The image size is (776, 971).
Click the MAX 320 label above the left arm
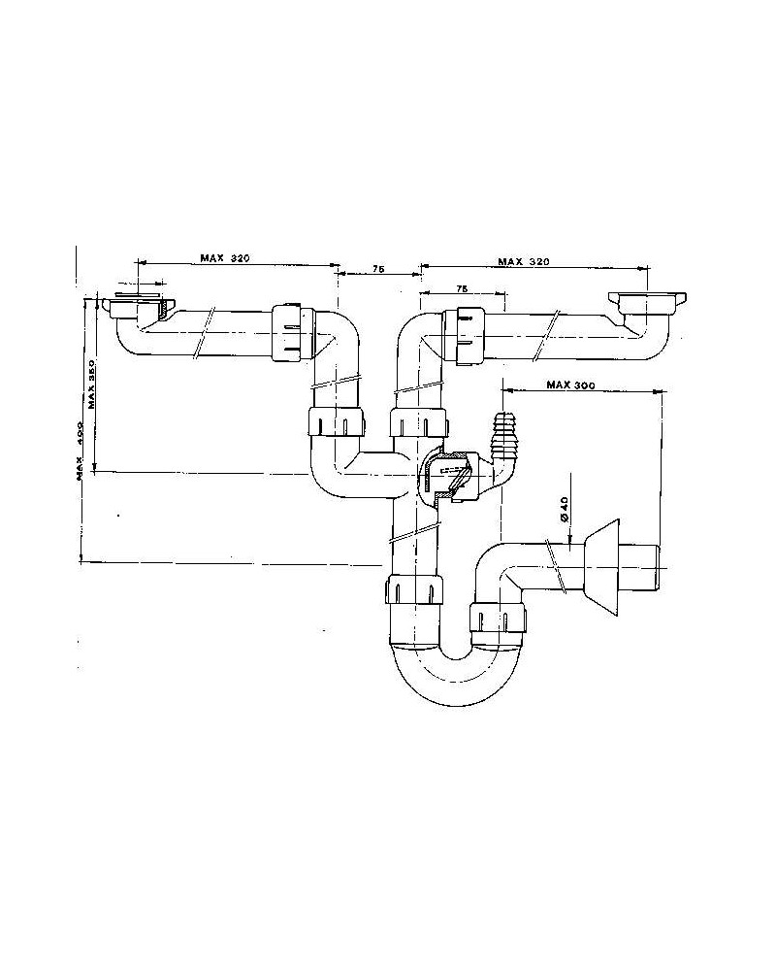pos(225,258)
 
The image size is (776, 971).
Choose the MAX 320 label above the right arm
pos(523,261)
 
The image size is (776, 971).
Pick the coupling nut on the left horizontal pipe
pos(290,332)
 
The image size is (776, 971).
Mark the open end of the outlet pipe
pos(658,565)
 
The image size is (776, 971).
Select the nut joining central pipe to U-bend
pos(415,590)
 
